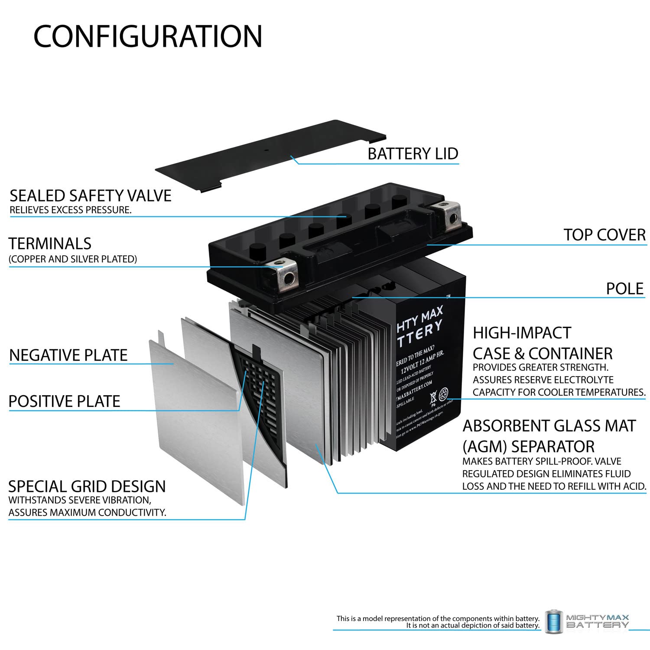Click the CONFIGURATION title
click(148, 36)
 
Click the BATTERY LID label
click(413, 154)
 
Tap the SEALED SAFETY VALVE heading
click(91, 196)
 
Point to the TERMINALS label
click(50, 244)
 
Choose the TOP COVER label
click(604, 235)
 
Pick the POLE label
click(625, 289)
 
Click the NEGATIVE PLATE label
click(68, 355)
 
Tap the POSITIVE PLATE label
click(64, 401)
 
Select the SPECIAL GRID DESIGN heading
click(87, 486)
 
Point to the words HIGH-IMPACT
click(522, 333)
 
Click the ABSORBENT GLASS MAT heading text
click(549, 426)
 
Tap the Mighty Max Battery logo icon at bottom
click(553, 622)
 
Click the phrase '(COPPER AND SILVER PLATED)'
click(73, 259)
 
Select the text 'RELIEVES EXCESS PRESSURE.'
click(71, 210)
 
